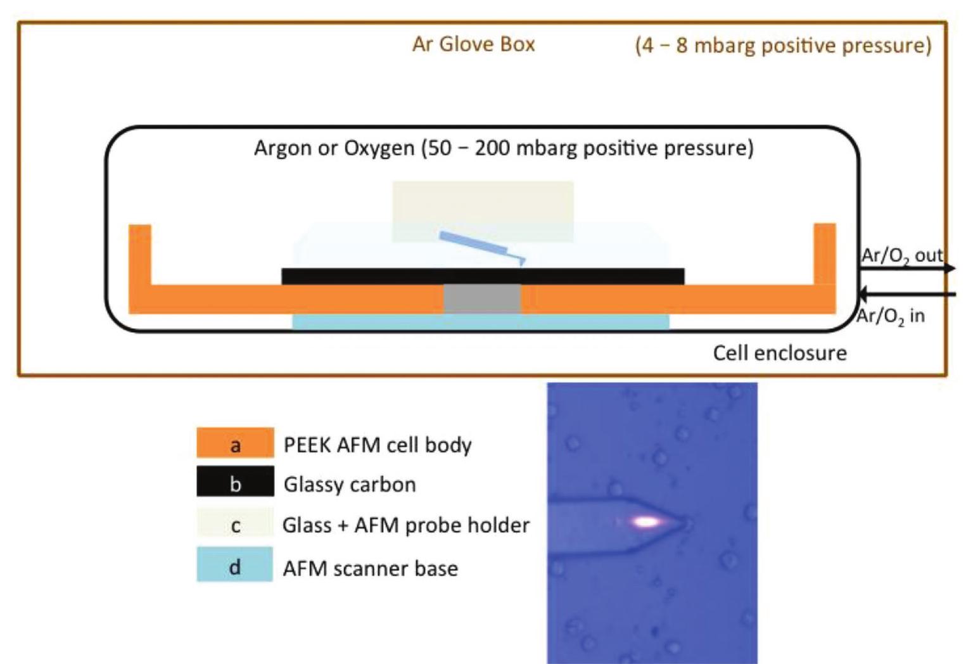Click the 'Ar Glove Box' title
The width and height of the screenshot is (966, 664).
[473, 44]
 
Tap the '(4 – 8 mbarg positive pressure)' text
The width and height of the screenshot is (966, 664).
[783, 46]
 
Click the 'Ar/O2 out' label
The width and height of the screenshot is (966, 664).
[901, 255]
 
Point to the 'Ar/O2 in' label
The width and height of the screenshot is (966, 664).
[890, 316]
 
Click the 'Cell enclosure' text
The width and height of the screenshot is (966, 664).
[779, 353]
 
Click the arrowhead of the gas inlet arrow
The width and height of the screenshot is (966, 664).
[863, 294]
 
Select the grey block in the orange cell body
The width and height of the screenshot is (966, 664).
[482, 298]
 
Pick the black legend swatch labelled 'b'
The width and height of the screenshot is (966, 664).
[235, 483]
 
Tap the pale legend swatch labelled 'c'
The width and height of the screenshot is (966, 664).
[235, 524]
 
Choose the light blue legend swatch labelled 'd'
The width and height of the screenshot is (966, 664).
[235, 565]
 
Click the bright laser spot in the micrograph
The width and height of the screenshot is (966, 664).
[646, 522]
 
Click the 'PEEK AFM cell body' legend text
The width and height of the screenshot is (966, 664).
[378, 445]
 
